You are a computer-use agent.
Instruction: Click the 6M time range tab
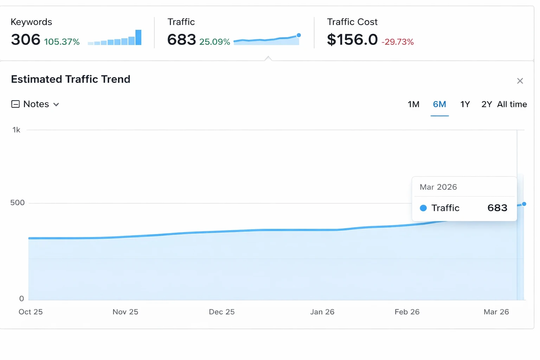tap(439, 104)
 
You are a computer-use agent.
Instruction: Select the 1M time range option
tap(413, 104)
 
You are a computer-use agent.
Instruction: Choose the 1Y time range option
tap(465, 104)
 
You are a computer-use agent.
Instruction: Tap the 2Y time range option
tap(487, 104)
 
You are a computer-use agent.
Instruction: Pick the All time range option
tap(512, 104)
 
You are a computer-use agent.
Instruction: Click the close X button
tap(520, 81)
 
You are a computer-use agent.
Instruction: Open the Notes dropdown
tap(36, 104)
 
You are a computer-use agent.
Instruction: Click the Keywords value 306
tap(25, 40)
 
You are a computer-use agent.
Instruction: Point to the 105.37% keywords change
tap(62, 42)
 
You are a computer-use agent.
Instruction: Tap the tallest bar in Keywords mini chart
tap(139, 38)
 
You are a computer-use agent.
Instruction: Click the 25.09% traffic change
tap(214, 42)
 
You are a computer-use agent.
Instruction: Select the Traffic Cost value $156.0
tap(352, 40)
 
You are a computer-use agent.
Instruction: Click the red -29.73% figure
tap(398, 42)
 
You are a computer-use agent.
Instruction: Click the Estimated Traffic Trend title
tap(71, 79)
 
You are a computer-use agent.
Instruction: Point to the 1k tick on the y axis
tap(16, 130)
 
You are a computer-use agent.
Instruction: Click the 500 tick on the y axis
tap(17, 203)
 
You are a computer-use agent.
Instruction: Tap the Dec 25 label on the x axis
tap(221, 312)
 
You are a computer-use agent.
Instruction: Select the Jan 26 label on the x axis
tap(322, 312)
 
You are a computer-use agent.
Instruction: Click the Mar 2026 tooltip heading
tap(438, 187)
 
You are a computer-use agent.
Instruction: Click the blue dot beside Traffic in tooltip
tap(423, 208)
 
